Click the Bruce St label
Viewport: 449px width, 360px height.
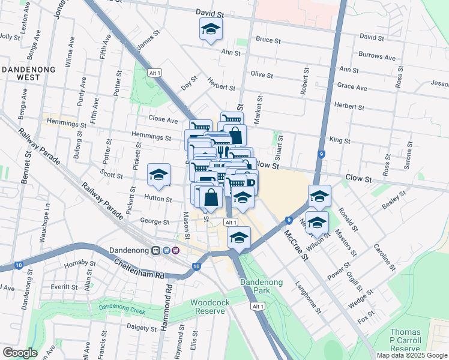pyautogui.click(x=268, y=41)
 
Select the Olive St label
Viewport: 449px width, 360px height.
pyautogui.click(x=262, y=75)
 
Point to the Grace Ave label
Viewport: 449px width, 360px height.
pyautogui.click(x=352, y=87)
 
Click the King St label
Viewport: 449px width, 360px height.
pyautogui.click(x=340, y=140)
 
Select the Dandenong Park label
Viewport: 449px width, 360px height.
pyautogui.click(x=260, y=286)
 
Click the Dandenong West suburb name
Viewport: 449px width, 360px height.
pyautogui.click(x=29, y=73)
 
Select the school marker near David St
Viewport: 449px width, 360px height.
pyautogui.click(x=211, y=29)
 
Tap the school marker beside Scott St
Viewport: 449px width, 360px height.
pyautogui.click(x=158, y=175)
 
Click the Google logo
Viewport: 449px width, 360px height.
pyautogui.click(x=20, y=353)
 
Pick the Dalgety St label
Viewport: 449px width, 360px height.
pyautogui.click(x=142, y=327)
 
